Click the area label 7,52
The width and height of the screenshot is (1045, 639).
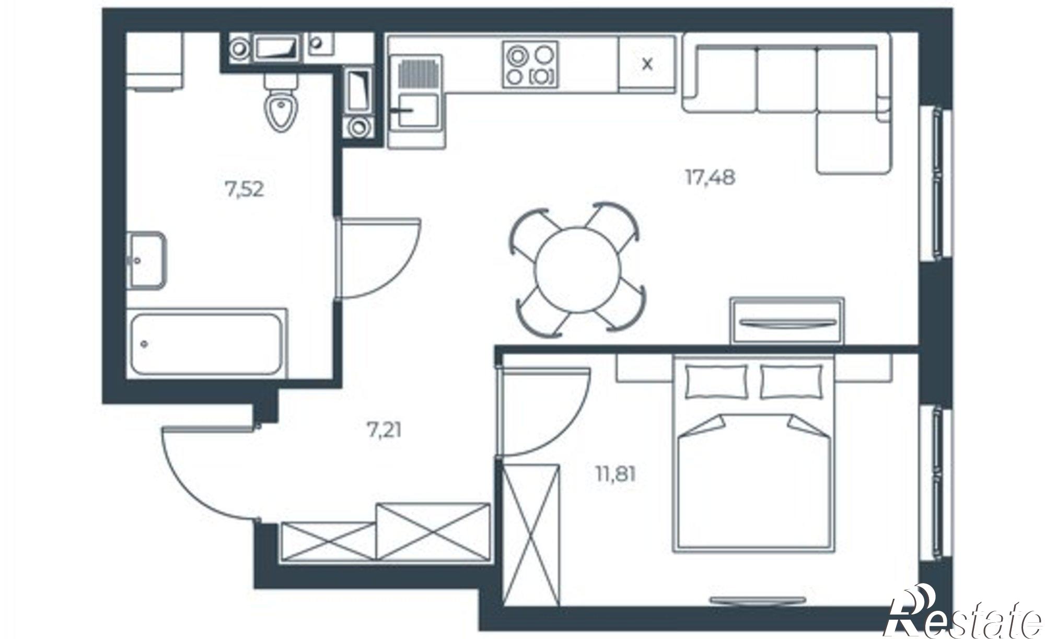tap(244, 190)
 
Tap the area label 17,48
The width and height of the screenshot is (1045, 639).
tap(710, 178)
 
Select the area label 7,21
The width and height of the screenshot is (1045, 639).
tap(384, 431)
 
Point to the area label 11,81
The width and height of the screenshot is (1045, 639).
tap(616, 475)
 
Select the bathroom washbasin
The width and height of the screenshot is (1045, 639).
tap(146, 260)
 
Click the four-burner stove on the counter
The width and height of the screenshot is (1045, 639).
tap(530, 64)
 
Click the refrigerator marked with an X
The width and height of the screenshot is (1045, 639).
tap(647, 64)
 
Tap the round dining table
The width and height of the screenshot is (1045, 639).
tap(577, 269)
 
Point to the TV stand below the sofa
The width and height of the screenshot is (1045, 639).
tap(787, 320)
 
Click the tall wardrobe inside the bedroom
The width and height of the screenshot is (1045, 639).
tap(530, 535)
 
